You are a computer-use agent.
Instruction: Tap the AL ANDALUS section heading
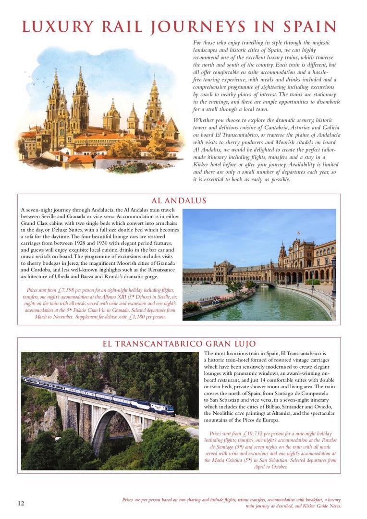(179, 201)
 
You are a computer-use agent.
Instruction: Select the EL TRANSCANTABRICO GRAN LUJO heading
(179, 344)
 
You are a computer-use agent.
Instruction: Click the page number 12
(21, 503)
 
